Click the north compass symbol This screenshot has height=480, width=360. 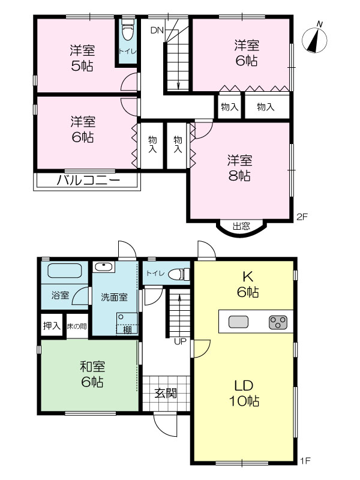coord(314,39)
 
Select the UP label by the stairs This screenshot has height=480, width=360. coord(180,341)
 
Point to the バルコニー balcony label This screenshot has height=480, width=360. coord(88,181)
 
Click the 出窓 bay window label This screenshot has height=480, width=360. coord(242,226)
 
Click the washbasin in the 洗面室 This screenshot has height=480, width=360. coord(104,266)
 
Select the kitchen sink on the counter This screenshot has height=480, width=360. coord(238,322)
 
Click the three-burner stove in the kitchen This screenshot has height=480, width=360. coord(278,322)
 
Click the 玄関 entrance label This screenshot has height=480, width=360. coord(166,393)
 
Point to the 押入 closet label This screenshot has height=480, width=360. coord(52,326)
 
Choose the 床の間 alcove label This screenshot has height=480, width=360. coord(77,326)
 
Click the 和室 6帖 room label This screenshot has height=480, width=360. coord(92,374)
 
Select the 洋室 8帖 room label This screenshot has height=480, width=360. coord(239,168)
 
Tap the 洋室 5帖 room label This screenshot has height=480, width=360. coord(82,58)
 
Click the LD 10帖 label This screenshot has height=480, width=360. coord(244,393)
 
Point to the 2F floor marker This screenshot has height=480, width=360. coord(302,217)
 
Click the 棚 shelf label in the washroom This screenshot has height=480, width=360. coord(127,329)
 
